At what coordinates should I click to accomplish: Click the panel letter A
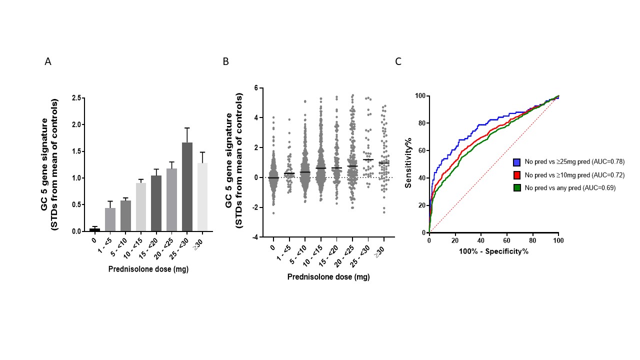point(48,62)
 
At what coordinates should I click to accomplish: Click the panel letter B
point(226,62)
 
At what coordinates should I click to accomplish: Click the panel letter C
point(398,62)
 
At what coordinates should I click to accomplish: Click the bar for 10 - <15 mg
point(141,207)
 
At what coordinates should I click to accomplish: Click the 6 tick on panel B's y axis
point(255,88)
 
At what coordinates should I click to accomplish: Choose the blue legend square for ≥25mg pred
point(517,162)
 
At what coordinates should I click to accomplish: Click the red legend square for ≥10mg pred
point(517,175)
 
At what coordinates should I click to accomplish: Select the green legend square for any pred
point(517,188)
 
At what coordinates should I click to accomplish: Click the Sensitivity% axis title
point(408,164)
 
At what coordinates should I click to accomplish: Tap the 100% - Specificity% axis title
point(494,251)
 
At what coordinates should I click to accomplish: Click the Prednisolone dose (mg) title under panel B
point(328,276)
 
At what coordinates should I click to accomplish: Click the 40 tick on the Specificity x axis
point(481,240)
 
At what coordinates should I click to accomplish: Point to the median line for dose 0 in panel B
point(273,177)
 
